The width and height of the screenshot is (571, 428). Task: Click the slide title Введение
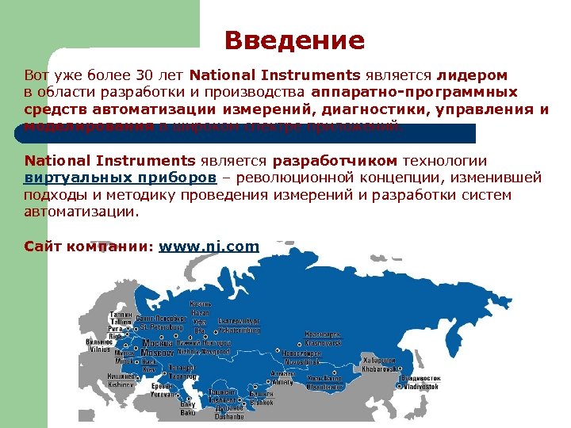tap(294, 40)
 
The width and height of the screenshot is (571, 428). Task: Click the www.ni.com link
tap(209, 246)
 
